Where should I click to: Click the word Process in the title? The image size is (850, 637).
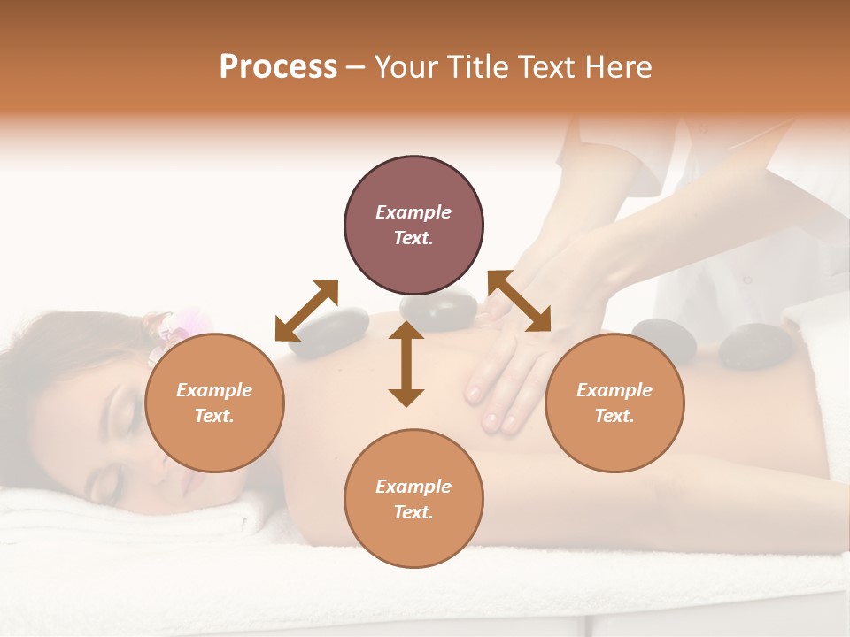[x=278, y=67]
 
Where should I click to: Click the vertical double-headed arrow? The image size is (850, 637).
[x=406, y=364]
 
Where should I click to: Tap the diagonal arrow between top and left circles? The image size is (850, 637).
[x=306, y=311]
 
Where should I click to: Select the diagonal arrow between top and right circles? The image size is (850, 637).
[x=520, y=301]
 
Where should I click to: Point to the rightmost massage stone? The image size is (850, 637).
[x=748, y=346]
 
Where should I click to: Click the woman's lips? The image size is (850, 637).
[x=189, y=483]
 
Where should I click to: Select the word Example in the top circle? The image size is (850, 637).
[x=413, y=212]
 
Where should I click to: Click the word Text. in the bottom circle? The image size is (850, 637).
[x=413, y=512]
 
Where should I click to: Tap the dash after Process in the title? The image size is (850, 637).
[x=356, y=67]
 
